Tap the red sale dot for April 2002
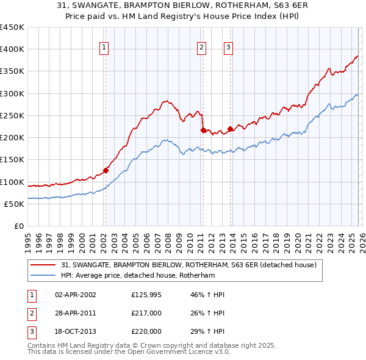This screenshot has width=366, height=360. coord(106,170)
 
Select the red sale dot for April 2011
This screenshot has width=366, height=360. coord(203,130)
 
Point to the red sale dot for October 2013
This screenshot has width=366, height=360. coord(230,129)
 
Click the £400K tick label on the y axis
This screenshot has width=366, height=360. coord(12,49)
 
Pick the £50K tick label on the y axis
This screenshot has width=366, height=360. coord(15,204)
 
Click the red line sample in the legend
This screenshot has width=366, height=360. coord(44,265)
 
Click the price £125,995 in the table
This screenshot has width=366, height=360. coord(146,295)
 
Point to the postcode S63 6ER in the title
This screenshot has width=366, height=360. coord(280,6)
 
